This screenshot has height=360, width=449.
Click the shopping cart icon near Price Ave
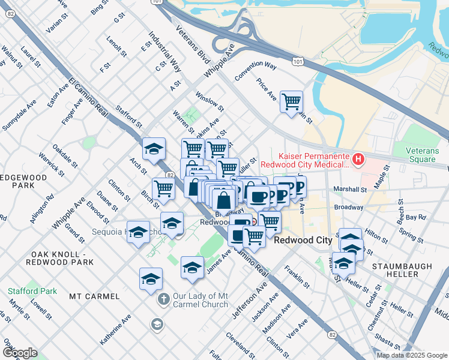click(x=291, y=101)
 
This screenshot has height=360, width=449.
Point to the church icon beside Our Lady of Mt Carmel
click(x=162, y=299)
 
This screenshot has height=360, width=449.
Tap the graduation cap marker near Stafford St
click(x=154, y=149)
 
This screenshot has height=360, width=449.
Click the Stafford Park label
click(x=32, y=292)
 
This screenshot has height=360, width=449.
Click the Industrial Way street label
click(x=165, y=52)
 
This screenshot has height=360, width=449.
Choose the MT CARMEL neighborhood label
click(x=94, y=296)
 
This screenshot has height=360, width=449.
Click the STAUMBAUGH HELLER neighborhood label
click(x=394, y=269)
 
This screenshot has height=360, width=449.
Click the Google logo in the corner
click(x=20, y=353)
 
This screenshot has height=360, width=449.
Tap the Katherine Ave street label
click(x=115, y=331)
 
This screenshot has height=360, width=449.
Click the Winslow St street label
click(x=209, y=101)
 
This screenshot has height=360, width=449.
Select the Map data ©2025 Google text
click(x=411, y=355)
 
